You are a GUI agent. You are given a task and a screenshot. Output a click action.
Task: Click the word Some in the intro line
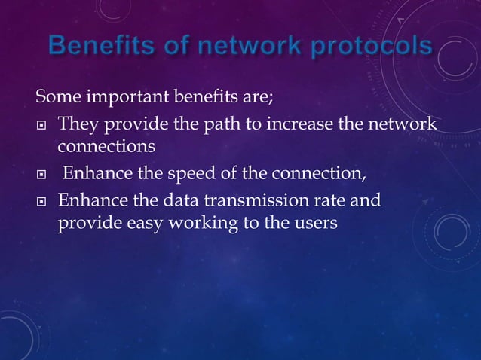[x=58, y=98]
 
